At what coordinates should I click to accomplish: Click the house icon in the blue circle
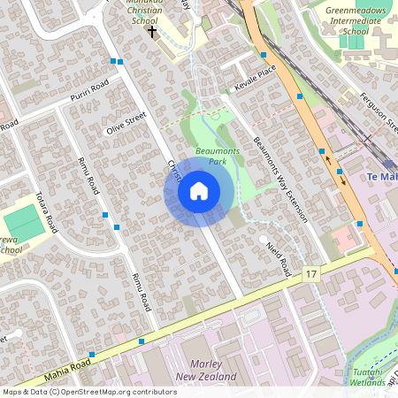click(x=198, y=191)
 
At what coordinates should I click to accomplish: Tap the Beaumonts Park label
click(x=218, y=156)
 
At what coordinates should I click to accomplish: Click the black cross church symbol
click(x=152, y=32)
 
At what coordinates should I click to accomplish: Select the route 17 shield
click(x=310, y=276)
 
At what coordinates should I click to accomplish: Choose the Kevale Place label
click(x=256, y=79)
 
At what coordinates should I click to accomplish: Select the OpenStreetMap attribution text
click(x=88, y=391)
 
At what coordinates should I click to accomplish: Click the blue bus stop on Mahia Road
click(x=142, y=341)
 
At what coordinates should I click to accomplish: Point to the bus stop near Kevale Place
click(x=264, y=55)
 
